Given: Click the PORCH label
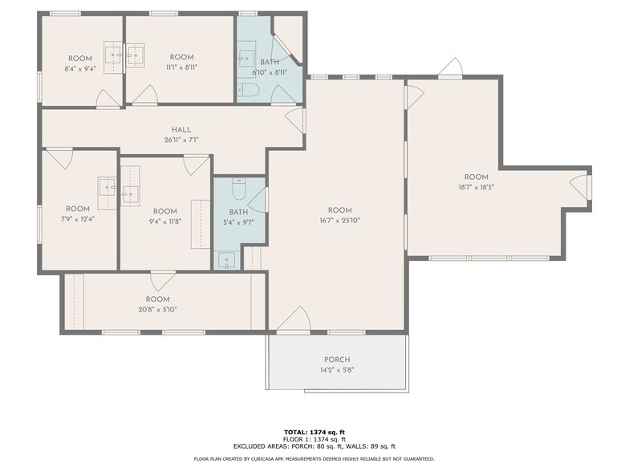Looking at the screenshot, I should coord(337,360).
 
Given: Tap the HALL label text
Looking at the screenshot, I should coord(181,130).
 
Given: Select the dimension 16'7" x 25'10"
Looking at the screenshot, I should coord(340,221).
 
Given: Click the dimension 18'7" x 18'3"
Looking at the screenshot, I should coord(476,188).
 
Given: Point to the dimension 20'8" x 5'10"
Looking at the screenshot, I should coord(157,309).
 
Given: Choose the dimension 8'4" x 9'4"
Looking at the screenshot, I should coord(80,68).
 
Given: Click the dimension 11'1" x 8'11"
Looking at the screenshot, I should coord(181,67).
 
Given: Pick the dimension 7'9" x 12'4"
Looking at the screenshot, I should coord(78,219).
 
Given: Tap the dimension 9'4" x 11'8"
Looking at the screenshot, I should coord(164,222).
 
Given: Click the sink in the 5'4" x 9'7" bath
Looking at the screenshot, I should coord(227,259).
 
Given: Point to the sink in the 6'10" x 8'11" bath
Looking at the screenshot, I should coord(246,59).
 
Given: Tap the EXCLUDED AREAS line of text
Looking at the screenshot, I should coord(314,446).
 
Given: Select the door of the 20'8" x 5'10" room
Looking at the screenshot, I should coord(163,280).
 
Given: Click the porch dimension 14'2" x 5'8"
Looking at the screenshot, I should coord(337,370).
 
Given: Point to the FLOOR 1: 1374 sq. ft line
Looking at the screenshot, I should coord(314,439).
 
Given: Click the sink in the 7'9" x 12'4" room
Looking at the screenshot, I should coord(108,187).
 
